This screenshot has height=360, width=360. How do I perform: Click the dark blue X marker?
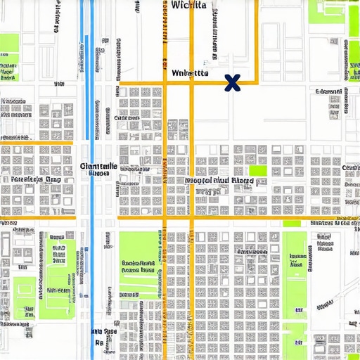[x=231, y=84]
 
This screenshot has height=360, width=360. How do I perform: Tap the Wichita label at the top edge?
[x=189, y=5]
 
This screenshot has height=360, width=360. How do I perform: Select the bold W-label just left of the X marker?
[x=189, y=72]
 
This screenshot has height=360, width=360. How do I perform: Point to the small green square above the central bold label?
[x=259, y=169]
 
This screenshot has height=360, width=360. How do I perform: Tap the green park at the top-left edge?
[x=8, y=59]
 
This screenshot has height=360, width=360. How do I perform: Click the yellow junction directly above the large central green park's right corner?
[x=165, y=217]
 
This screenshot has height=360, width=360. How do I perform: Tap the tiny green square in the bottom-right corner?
[x=352, y=352]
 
